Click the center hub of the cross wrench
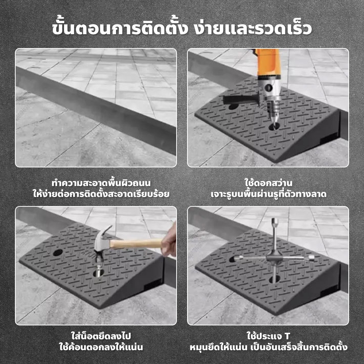pyautogui.click(x=274, y=257)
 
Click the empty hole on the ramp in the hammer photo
pyautogui.click(x=58, y=253)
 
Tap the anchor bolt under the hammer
pyautogui.click(x=99, y=269)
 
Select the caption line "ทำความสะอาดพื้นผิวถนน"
pyautogui.click(x=101, y=183)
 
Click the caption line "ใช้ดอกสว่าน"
pyautogui.click(x=268, y=183)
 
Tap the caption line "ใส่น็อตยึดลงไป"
pyautogui.click(x=101, y=336)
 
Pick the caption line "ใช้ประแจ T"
pyautogui.click(x=268, y=336)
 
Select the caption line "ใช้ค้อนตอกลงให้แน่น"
pyautogui.click(x=101, y=347)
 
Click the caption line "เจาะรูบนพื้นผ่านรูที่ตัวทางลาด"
pyautogui.click(x=268, y=194)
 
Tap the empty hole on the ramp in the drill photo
pyautogui.click(x=234, y=107)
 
